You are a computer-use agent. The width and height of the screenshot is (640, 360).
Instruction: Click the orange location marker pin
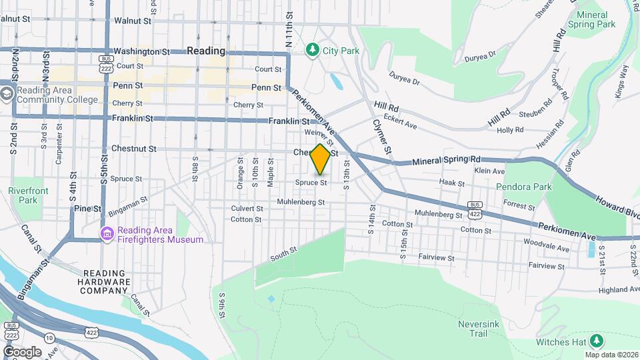click(321, 159)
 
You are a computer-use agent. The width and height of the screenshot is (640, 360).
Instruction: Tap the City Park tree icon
click(312, 50)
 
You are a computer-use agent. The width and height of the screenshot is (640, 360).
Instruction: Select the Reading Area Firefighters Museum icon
click(107, 233)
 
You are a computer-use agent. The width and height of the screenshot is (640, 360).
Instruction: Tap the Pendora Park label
click(524, 187)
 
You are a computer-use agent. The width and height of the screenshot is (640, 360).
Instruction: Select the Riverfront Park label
click(23, 195)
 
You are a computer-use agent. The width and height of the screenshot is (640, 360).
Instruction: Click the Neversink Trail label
click(477, 329)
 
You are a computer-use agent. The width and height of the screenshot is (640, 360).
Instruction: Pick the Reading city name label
click(206, 51)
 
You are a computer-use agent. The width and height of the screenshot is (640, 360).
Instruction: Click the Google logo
click(22, 351)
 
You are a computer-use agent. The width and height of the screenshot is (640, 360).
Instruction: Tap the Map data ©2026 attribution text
click(611, 355)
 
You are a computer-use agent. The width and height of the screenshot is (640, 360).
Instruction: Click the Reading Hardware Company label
click(107, 281)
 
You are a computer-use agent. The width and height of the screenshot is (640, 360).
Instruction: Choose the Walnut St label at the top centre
click(129, 21)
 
